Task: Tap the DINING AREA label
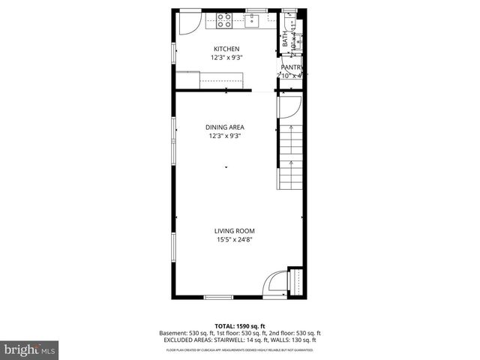[226, 127]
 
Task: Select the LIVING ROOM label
[234, 231]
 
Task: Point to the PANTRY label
[292, 67]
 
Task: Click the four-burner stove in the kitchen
[226, 21]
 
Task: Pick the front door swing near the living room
[277, 284]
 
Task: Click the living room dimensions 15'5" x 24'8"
[234, 240]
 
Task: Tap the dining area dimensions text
[226, 136]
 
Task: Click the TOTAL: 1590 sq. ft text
[240, 326]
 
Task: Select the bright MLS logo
[29, 349]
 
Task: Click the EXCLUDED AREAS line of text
[240, 340]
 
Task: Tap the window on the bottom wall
[219, 298]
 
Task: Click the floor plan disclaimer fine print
[240, 349]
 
